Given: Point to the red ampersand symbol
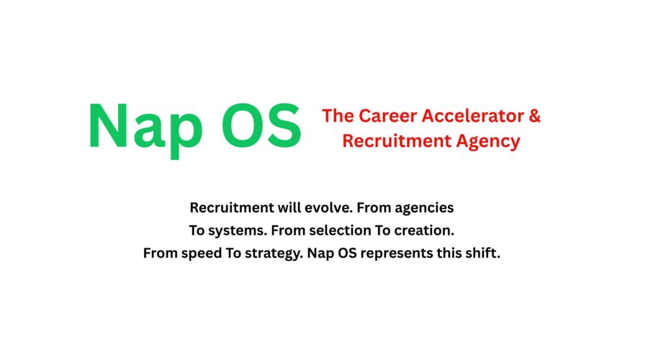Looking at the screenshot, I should click(x=534, y=115).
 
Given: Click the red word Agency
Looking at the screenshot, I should click(x=487, y=142).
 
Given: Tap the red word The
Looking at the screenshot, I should click(x=337, y=115).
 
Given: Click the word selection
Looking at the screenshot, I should click(x=339, y=231).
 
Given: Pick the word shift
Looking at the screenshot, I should click(x=482, y=254).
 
